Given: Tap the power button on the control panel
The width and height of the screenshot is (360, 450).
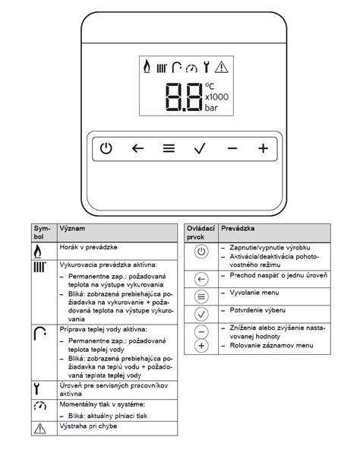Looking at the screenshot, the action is [106, 148].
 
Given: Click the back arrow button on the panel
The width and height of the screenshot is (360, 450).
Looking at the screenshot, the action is [137, 148].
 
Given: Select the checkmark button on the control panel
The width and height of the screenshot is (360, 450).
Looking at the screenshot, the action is [200, 148].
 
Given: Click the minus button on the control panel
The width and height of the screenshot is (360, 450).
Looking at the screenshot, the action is [232, 148].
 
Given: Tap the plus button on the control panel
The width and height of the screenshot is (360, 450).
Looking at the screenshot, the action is [263, 148].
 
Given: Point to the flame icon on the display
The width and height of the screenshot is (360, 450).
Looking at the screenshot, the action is [147, 66].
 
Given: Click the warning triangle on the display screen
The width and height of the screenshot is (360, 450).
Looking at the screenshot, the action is [222, 67].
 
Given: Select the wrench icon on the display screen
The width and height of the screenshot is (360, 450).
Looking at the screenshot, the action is [206, 67].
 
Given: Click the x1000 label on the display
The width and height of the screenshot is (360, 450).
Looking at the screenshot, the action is [217, 97].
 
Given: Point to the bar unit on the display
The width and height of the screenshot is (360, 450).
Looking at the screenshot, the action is [211, 108].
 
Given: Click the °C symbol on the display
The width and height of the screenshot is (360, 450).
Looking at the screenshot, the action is [210, 86].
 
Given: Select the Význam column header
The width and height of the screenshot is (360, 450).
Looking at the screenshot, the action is [72, 229].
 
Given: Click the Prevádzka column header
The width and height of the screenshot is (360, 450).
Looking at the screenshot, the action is [238, 229].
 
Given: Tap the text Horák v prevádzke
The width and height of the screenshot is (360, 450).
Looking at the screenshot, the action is [88, 247].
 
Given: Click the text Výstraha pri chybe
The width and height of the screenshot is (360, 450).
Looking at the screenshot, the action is [88, 426].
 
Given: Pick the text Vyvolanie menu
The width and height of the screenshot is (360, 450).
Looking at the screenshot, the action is [254, 293].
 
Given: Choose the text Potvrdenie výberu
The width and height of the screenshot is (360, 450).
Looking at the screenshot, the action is [257, 310].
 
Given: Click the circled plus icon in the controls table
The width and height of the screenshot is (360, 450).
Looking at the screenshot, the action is [201, 346].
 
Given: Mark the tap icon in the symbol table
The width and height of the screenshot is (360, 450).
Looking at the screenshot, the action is [39, 334].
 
